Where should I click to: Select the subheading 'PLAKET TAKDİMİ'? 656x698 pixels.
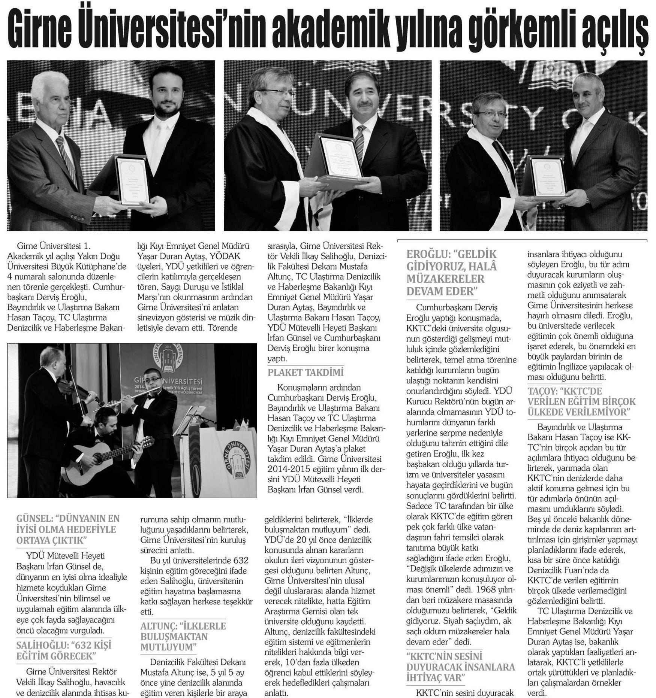coord(306,373)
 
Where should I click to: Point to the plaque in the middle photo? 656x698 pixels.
coord(339,158)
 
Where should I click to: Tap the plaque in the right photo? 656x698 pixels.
coord(548,177)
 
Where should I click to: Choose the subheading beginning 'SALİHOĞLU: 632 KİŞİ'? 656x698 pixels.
coord(64,650)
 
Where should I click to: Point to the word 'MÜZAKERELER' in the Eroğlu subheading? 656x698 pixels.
coord(446,279)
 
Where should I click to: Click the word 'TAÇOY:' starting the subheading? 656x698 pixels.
coord(542,391)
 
